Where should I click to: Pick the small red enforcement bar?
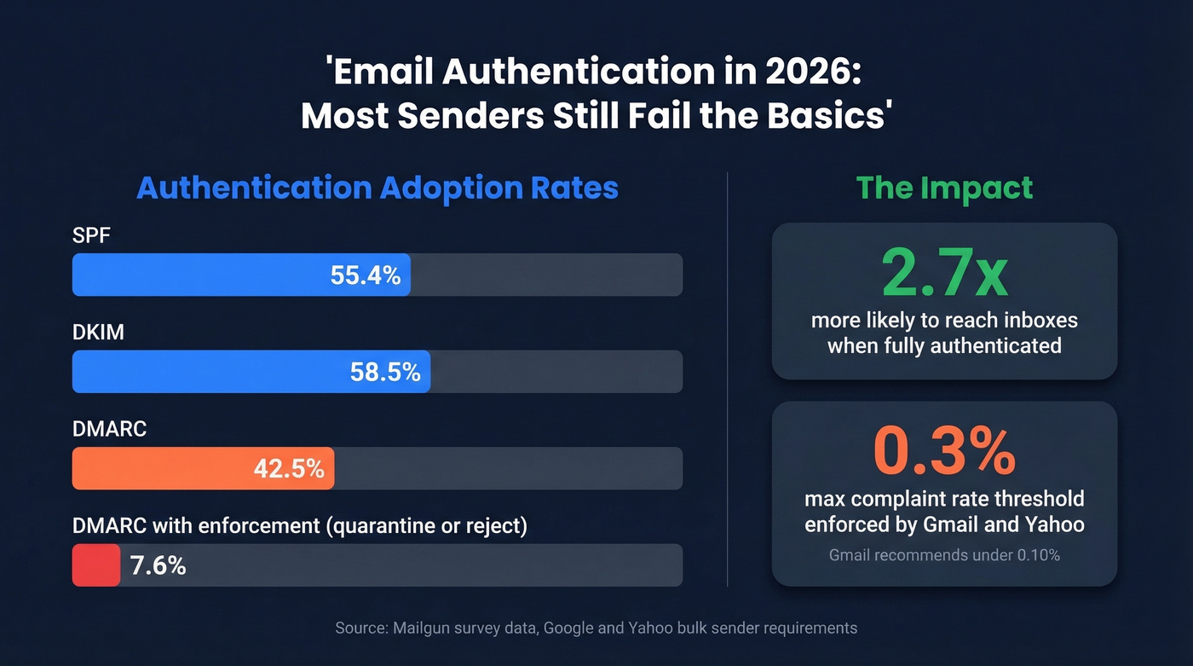95,565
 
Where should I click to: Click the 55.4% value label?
365,275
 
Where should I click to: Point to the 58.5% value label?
385,372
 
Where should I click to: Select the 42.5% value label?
289,468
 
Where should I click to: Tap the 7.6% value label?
158,565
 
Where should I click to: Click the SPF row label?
91,235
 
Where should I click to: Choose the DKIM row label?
98,332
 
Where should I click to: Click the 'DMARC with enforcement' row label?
299,526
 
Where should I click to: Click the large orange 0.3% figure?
944,452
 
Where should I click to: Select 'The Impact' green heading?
944,188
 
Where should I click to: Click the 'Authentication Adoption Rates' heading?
377,188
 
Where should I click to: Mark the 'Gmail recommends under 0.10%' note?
944,555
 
